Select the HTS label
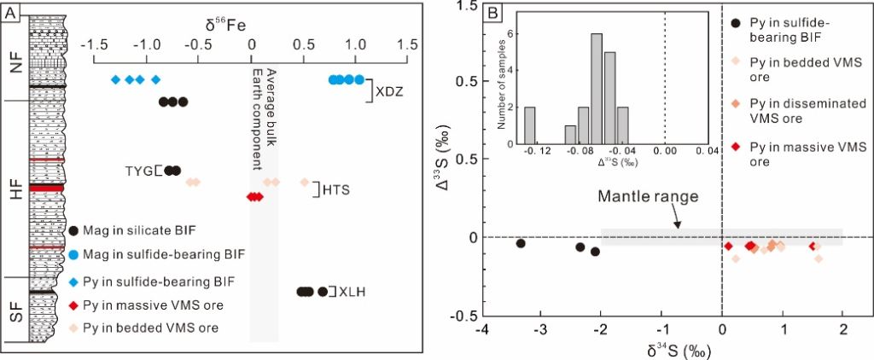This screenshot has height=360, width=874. tap(335, 189)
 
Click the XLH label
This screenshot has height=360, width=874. tap(347, 292)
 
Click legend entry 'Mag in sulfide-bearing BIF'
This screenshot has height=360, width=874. tap(163, 254)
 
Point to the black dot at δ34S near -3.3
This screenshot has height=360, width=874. tap(521, 243)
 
